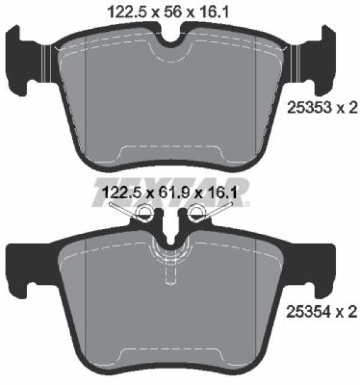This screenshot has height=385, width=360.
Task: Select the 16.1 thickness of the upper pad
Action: [x=215, y=11]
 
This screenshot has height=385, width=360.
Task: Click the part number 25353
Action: [x=310, y=107]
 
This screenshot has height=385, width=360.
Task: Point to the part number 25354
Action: [x=309, y=312]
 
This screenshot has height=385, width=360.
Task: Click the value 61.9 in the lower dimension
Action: [x=174, y=192]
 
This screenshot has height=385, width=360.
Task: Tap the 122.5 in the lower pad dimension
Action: [x=122, y=192]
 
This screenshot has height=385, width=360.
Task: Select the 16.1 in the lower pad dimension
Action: [x=222, y=192]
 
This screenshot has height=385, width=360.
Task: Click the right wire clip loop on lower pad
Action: [x=197, y=211]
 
